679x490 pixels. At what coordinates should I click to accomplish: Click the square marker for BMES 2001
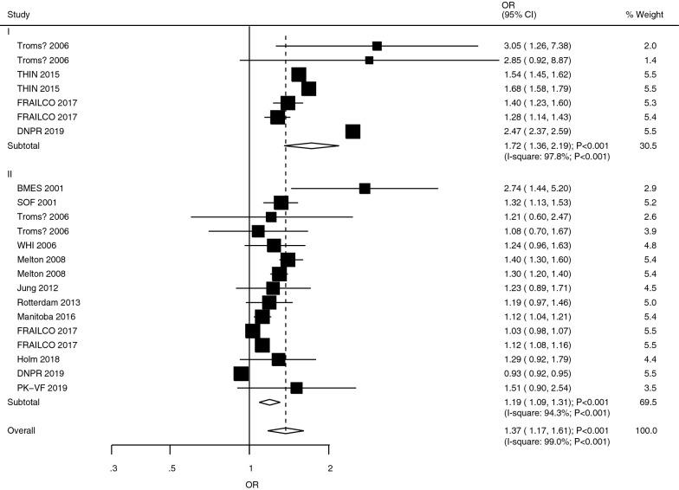coord(365,188)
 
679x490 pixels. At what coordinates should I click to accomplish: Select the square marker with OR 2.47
coord(352,131)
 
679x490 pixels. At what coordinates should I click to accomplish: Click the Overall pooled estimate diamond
coord(286,430)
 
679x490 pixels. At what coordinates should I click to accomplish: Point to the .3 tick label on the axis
coord(113,467)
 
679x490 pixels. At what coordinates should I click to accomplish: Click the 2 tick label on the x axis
coord(329,467)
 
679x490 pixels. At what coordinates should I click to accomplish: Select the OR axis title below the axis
coord(250,484)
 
